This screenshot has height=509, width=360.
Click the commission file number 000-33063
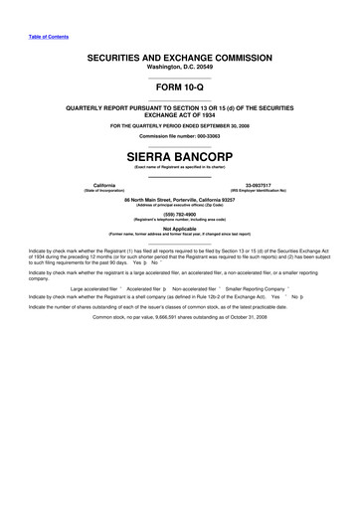pos(203,135)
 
